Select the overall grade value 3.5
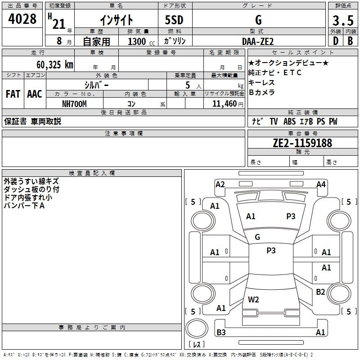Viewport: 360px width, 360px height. pos(343,21)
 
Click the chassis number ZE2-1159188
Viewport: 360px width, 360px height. pos(302,143)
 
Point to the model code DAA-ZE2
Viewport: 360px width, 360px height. pos(258,41)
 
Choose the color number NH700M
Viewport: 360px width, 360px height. pos(74,103)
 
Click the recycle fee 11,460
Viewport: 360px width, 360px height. pos(223,103)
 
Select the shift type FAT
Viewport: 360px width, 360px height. pos(13,94)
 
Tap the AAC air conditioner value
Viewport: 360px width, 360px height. pos(35,94)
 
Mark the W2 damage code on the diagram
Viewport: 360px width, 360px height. pos(253,299)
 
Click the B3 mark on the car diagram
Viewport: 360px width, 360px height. pos(221,333)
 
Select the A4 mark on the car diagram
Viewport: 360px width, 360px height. pos(321,184)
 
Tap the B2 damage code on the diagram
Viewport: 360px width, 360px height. pos(320,292)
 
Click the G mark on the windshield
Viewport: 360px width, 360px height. pos(257,237)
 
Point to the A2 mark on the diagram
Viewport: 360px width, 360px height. pos(220,184)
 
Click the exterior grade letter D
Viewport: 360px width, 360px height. pos(335,41)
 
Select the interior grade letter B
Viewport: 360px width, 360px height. pos(350,41)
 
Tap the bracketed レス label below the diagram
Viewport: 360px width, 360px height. pos(197,345)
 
